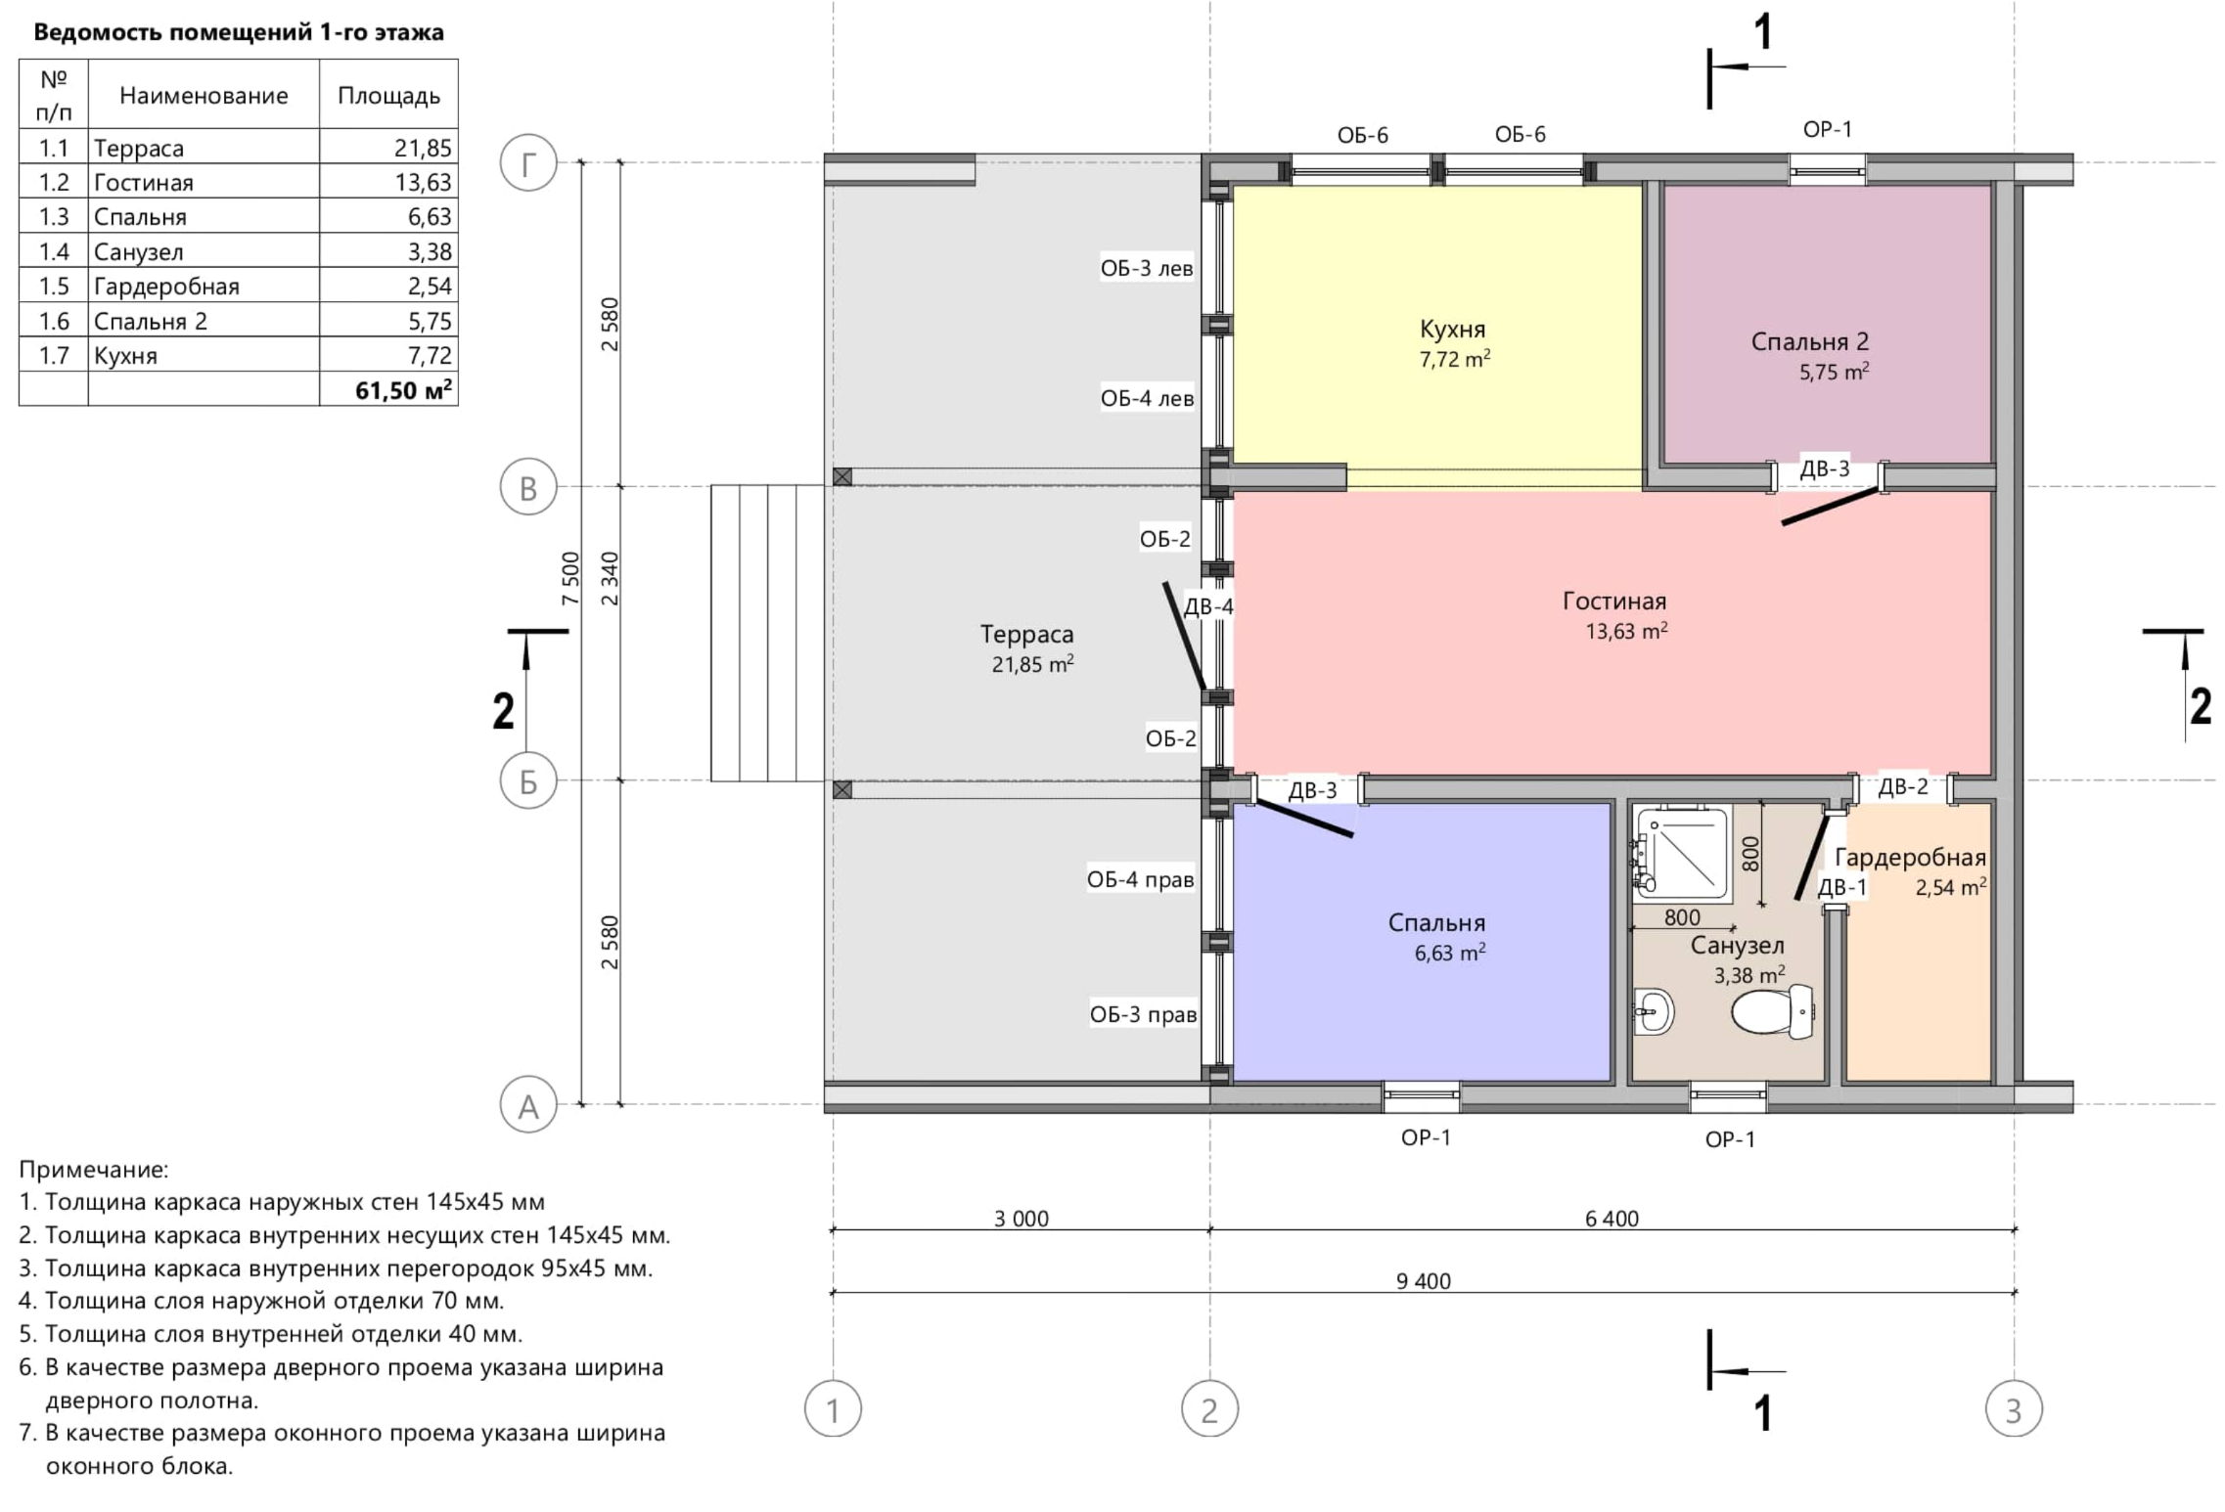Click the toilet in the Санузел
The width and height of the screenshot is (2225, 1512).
tap(1774, 1011)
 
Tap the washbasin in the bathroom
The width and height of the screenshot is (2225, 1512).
tap(1653, 1010)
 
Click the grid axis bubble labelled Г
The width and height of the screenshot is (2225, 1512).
tap(528, 162)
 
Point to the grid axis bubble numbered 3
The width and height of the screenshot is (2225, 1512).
tap(2013, 1409)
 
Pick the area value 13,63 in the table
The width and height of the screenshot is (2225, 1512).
tap(423, 182)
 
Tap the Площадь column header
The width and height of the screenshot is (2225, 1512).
tap(388, 96)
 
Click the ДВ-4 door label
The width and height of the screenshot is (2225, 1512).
tap(1208, 606)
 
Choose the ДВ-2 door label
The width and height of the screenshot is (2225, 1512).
tap(1903, 787)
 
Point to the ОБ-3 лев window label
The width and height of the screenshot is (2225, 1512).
tap(1147, 268)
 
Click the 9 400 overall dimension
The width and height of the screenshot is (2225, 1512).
tap(1423, 1280)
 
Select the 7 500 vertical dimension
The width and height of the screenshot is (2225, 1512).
tap(570, 578)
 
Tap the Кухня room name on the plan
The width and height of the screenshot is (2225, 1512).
tap(1452, 329)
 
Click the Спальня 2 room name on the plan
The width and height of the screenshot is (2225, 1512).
tap(1809, 341)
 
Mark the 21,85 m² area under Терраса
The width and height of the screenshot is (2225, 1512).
tap(1032, 664)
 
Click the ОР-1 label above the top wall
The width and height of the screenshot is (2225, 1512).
tap(1827, 129)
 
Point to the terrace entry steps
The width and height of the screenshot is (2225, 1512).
tap(767, 633)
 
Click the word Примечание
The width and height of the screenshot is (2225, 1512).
tap(93, 1170)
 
